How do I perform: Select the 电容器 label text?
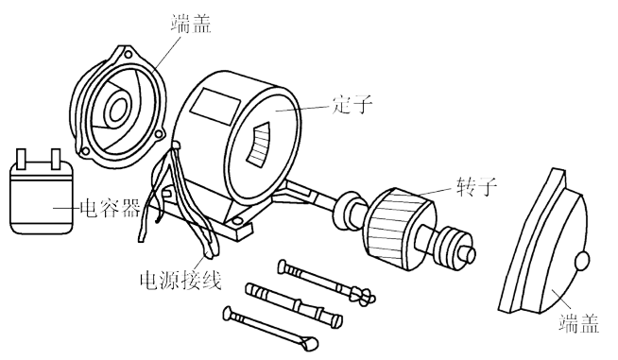click(x=110, y=207)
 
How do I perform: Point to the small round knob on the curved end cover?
click(x=583, y=258)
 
